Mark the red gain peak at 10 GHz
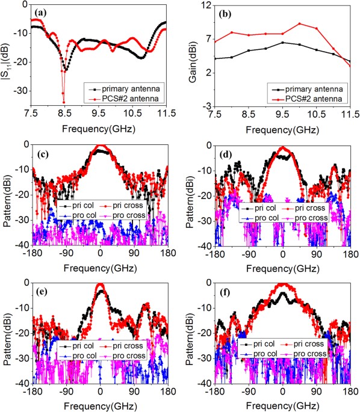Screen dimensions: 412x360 (x=300, y=24)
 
